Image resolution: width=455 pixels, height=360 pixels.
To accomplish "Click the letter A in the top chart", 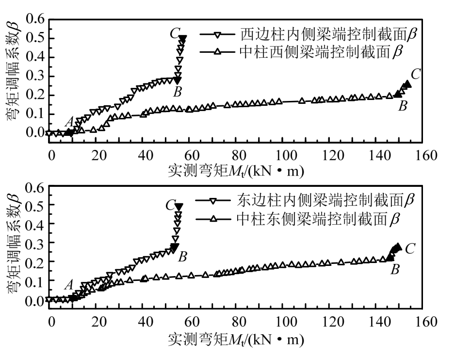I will (x=69, y=121).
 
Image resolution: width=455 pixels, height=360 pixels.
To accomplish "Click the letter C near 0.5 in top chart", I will (x=175, y=34).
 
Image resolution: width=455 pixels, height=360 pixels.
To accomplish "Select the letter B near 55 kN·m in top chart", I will (x=178, y=91).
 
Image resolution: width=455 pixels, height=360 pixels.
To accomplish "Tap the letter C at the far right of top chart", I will (x=416, y=74).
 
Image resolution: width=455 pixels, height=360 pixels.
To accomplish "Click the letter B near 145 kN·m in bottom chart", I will (x=395, y=270).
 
